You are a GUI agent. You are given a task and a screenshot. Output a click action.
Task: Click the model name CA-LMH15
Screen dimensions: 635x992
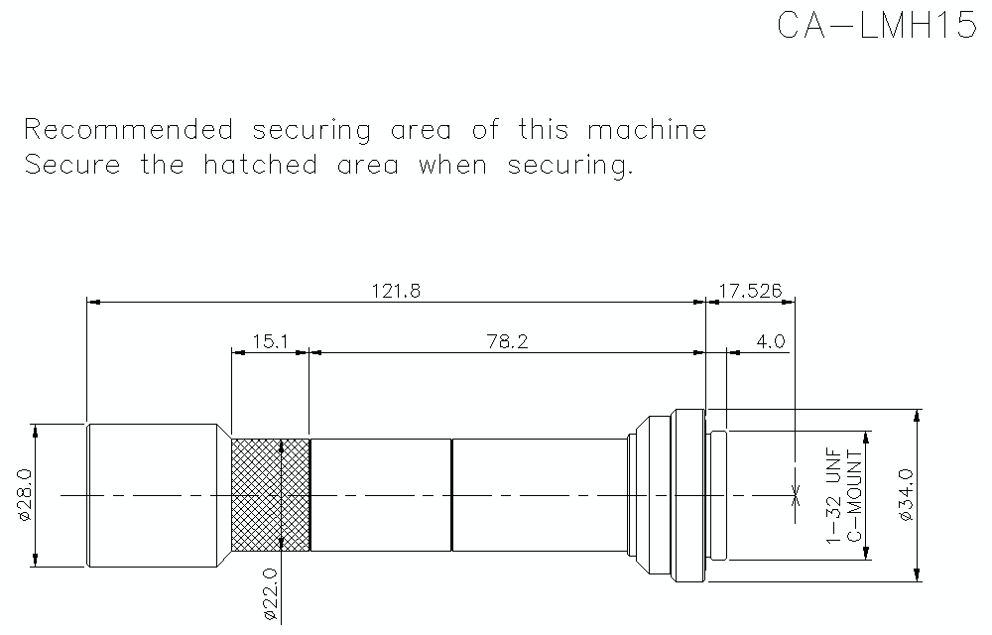click(877, 26)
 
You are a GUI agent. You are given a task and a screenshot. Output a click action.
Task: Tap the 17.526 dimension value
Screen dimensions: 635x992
click(750, 291)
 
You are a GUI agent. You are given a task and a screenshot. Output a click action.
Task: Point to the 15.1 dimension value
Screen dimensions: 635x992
click(270, 342)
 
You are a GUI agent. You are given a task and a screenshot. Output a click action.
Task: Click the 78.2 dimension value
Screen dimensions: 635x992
click(507, 342)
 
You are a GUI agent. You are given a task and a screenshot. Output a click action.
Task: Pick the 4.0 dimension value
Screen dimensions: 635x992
click(770, 342)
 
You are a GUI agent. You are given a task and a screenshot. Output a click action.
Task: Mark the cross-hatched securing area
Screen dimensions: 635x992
click(270, 495)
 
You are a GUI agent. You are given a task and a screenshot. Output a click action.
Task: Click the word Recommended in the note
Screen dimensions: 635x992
click(129, 130)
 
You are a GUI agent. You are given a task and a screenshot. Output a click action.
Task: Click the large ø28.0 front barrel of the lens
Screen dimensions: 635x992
click(154, 495)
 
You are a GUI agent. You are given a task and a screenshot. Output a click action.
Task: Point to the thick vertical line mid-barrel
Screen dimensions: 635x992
click(451, 495)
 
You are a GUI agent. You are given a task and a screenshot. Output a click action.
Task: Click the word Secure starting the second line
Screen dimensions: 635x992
click(72, 165)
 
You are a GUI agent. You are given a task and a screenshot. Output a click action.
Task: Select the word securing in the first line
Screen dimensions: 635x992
click(312, 131)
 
